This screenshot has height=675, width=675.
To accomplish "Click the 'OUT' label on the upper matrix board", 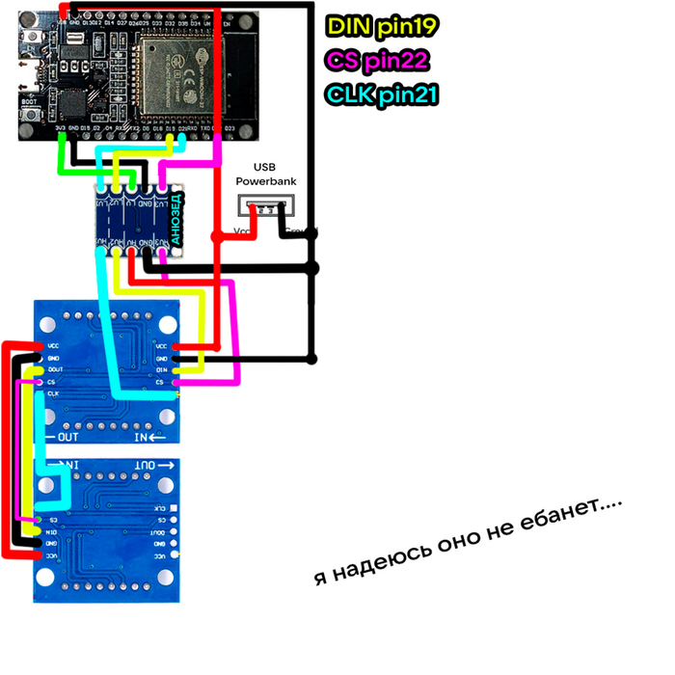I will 67,437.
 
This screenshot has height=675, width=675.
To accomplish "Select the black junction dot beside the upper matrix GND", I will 311,360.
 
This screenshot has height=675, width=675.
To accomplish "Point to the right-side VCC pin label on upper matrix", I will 162,346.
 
